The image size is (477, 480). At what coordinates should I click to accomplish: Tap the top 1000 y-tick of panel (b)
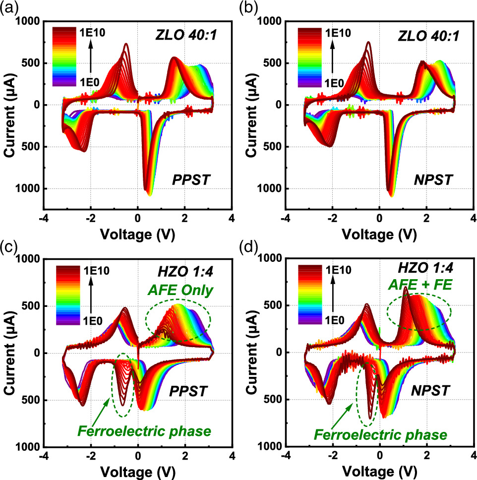click(272, 21)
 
